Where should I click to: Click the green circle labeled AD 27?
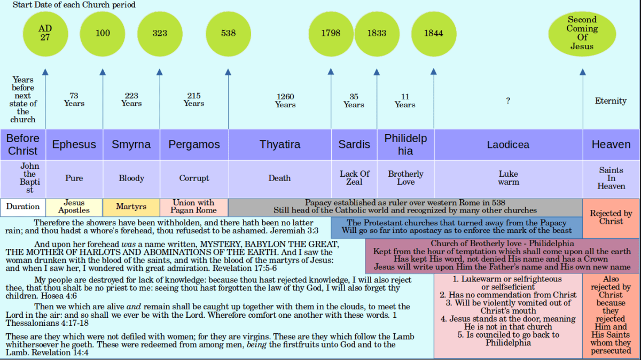[45, 33]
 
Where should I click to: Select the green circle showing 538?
[228, 33]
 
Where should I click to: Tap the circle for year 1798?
[331, 33]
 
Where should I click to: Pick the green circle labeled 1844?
[433, 33]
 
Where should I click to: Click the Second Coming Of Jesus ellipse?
[582, 33]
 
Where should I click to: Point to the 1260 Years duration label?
[285, 100]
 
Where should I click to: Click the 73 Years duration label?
[74, 99]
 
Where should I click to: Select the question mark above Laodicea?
[508, 100]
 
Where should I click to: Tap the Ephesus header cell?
[74, 144]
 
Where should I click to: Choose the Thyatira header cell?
[280, 144]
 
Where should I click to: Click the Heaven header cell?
[611, 144]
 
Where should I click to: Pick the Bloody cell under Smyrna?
[131, 178]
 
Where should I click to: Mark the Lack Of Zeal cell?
[354, 178]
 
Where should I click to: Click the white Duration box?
[23, 207]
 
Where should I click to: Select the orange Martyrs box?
[131, 207]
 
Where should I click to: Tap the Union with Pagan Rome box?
[194, 207]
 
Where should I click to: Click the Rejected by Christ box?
[611, 217]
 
